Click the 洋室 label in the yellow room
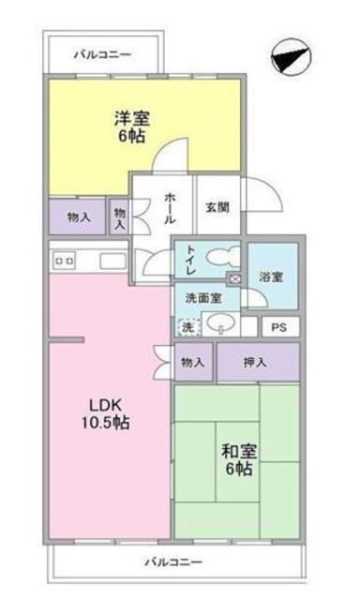click(x=132, y=119)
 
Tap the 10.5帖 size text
click(x=109, y=423)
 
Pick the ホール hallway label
click(x=170, y=207)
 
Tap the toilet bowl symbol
click(x=220, y=257)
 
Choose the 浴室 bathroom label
click(x=272, y=277)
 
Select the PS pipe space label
click(x=278, y=328)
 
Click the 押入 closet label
click(x=258, y=362)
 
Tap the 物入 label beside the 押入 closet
click(x=194, y=362)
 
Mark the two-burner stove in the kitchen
click(x=65, y=258)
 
